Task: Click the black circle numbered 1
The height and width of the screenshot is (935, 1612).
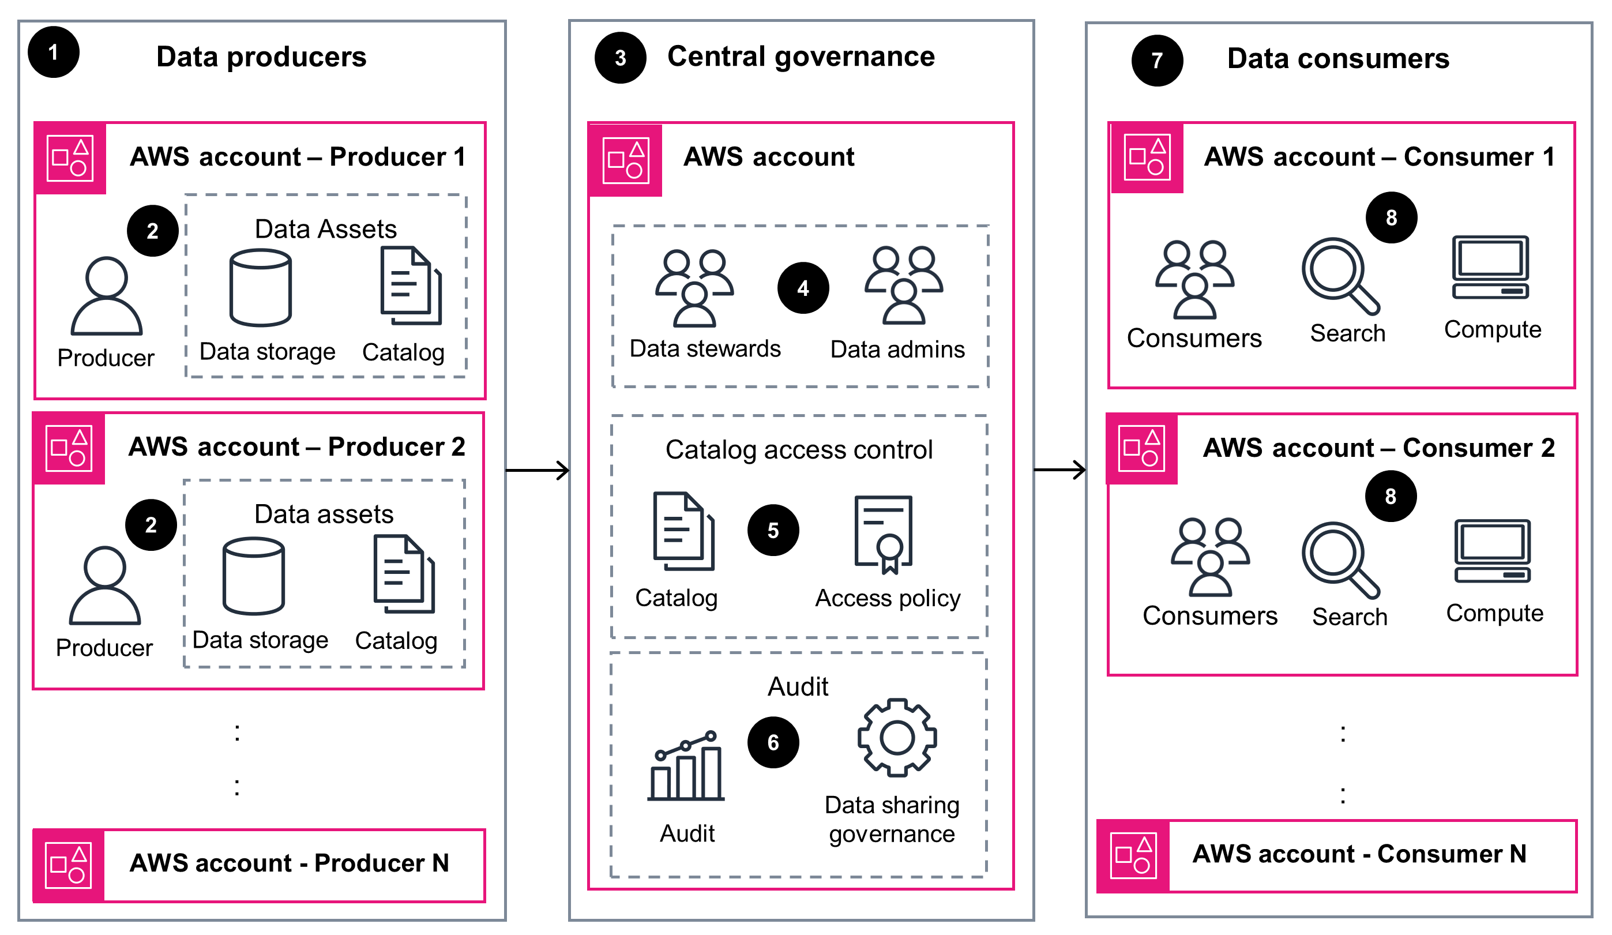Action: [54, 52]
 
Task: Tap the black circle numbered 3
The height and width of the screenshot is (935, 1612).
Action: [620, 58]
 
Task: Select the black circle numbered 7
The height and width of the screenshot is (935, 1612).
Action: [1156, 61]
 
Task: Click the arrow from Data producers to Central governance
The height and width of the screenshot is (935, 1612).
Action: [538, 471]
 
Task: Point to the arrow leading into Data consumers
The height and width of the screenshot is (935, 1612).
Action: [1059, 470]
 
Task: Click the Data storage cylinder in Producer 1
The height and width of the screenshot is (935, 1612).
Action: [260, 288]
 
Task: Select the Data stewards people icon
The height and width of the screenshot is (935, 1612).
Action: [694, 288]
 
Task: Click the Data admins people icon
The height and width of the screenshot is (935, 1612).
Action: [903, 286]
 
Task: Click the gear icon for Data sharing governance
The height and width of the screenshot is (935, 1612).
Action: [897, 738]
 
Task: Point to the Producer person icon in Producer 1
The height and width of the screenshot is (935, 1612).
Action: [106, 296]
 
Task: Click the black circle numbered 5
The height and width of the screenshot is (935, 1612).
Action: [773, 530]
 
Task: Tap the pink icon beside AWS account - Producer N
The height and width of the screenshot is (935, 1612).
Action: [69, 866]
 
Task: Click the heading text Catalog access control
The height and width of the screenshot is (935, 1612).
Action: [798, 449]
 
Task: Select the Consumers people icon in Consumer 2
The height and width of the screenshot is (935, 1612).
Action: [1209, 557]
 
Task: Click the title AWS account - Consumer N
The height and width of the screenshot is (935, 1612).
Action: [1359, 854]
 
